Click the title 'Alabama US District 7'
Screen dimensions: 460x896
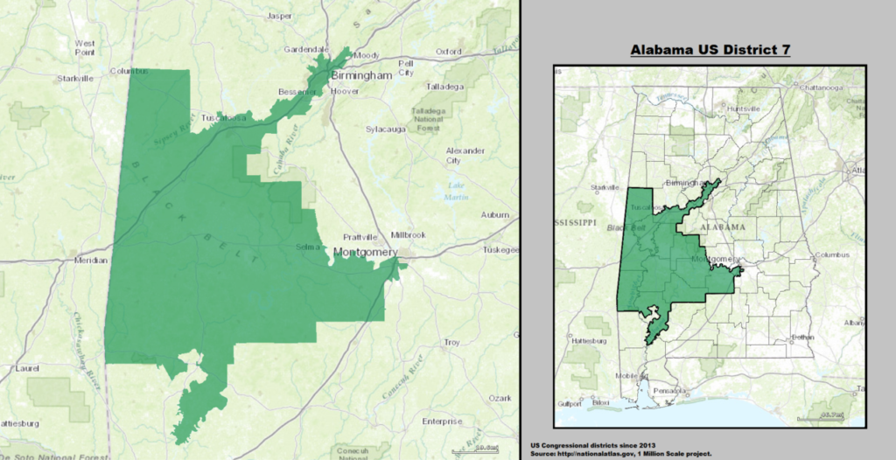click(710, 50)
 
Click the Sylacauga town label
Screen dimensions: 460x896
click(387, 129)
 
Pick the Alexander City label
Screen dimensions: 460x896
click(465, 156)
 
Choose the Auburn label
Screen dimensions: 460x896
click(495, 214)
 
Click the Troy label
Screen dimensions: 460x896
click(451, 342)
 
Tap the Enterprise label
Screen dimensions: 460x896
click(442, 421)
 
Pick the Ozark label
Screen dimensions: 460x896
click(500, 398)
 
